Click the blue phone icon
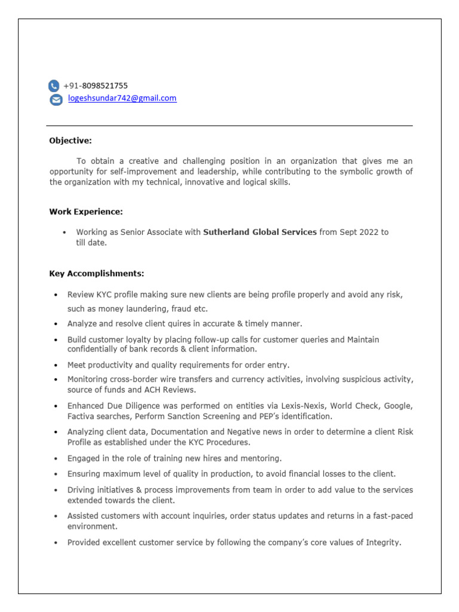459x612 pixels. point(54,86)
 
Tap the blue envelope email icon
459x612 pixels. point(56,100)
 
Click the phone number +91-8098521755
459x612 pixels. point(96,85)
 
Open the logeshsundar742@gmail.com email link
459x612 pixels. point(122,99)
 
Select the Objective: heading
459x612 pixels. point(71,141)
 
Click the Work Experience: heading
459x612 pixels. point(86,212)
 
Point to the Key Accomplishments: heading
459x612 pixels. point(96,274)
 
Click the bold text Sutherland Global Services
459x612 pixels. point(260,232)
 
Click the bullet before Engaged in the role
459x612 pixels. point(56,459)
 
